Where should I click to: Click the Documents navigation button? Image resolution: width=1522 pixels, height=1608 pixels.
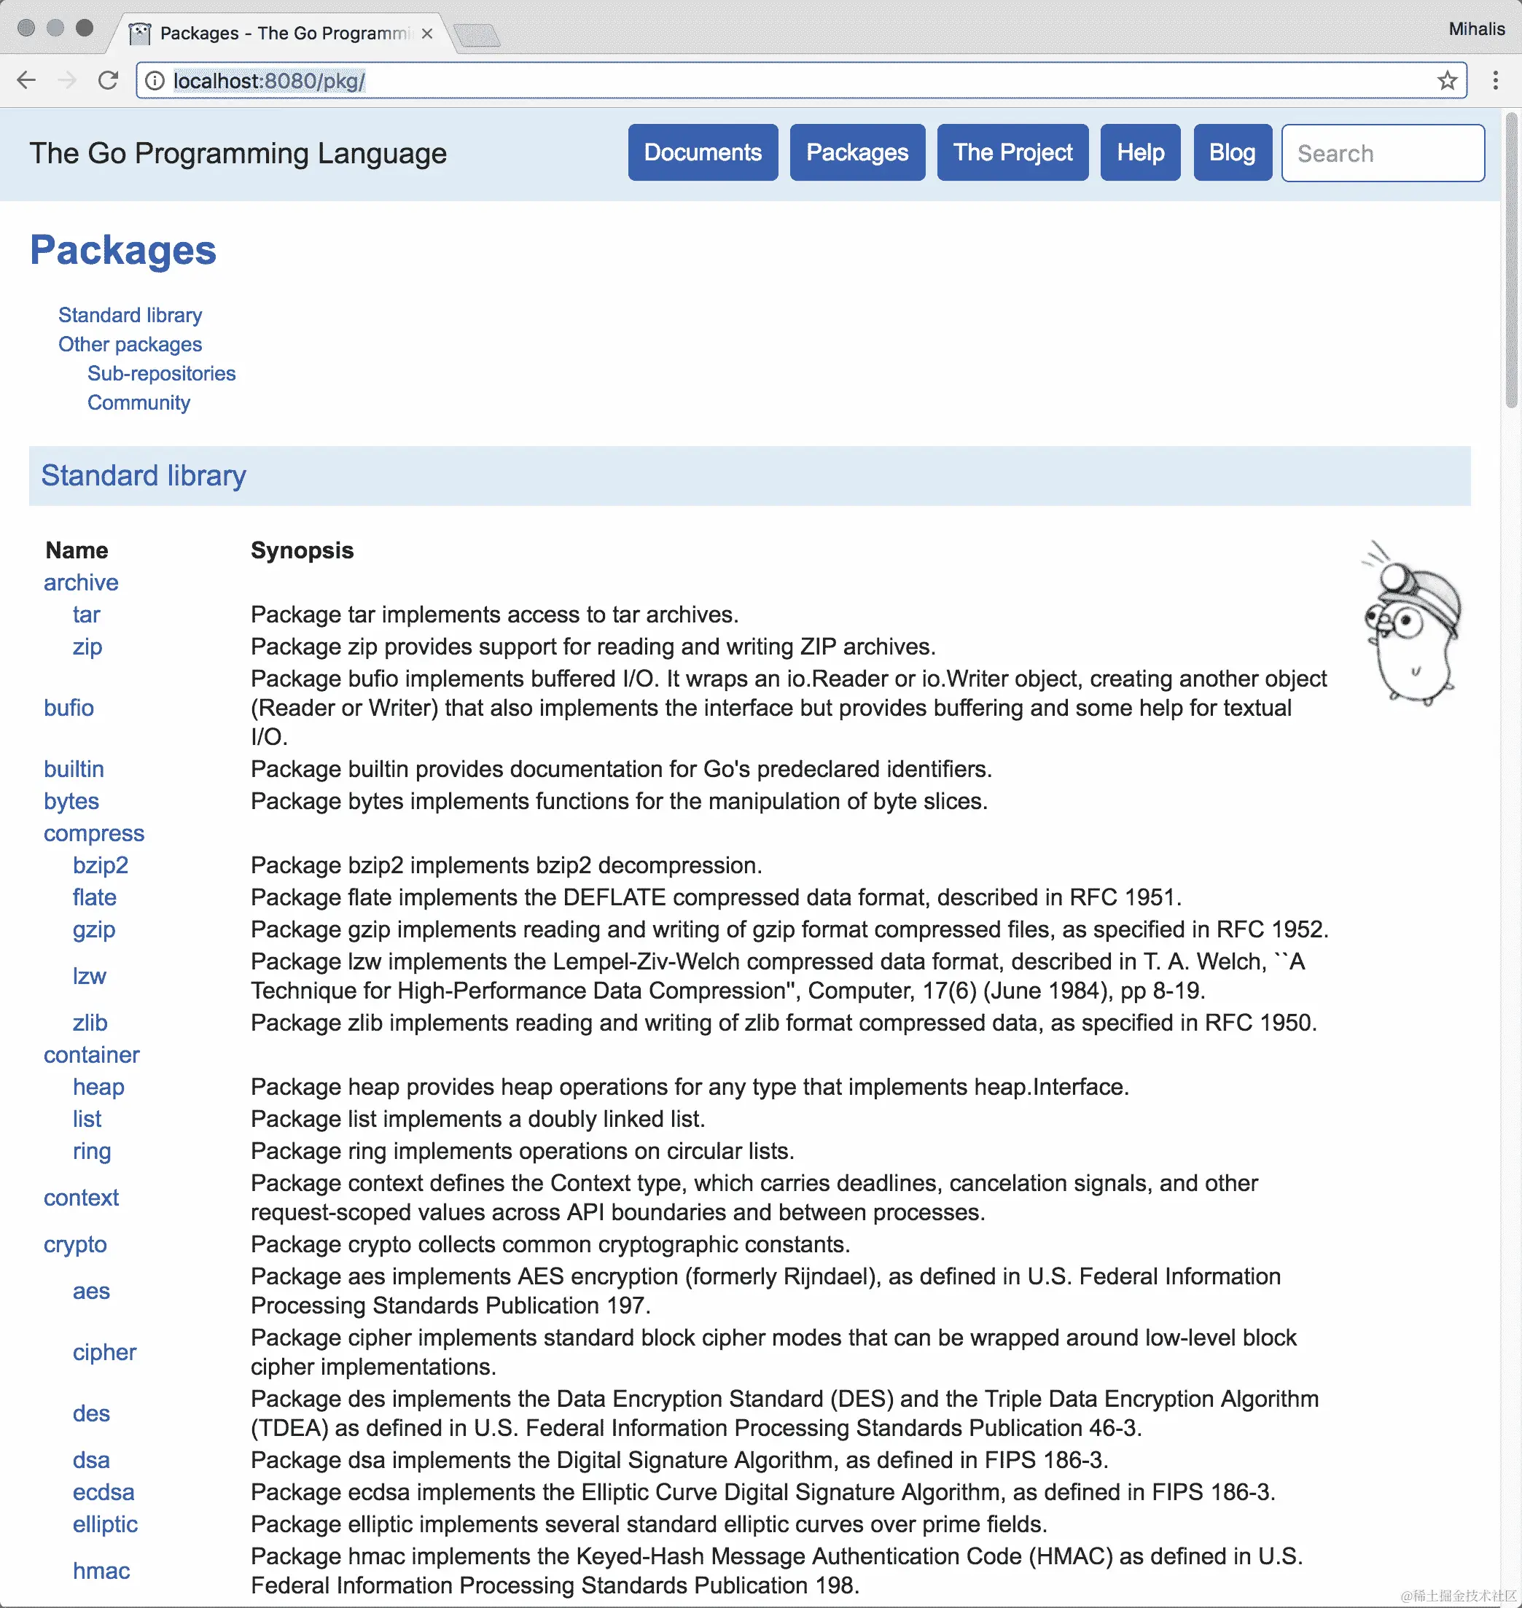(703, 152)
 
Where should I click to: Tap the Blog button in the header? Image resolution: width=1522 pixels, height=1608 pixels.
(1232, 152)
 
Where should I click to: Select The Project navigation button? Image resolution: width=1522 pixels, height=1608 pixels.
(1012, 152)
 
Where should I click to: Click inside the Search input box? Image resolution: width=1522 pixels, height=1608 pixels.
(1383, 153)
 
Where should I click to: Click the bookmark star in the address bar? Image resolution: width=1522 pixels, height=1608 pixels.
(1446, 81)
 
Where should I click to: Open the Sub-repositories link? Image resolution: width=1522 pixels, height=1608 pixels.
(161, 374)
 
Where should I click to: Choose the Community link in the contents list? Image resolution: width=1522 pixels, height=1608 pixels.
(138, 403)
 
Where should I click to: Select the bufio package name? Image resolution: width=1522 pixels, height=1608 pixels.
(69, 709)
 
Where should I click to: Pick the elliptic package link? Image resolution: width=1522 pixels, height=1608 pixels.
(106, 1524)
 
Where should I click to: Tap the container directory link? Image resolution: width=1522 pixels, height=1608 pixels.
(92, 1055)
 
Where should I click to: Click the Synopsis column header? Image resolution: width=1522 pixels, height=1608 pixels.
(302, 551)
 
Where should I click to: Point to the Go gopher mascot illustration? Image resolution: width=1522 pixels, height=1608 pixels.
(1413, 625)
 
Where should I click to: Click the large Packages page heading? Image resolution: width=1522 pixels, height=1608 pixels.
(123, 251)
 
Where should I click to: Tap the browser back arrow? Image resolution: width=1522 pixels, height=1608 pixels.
(27, 80)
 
